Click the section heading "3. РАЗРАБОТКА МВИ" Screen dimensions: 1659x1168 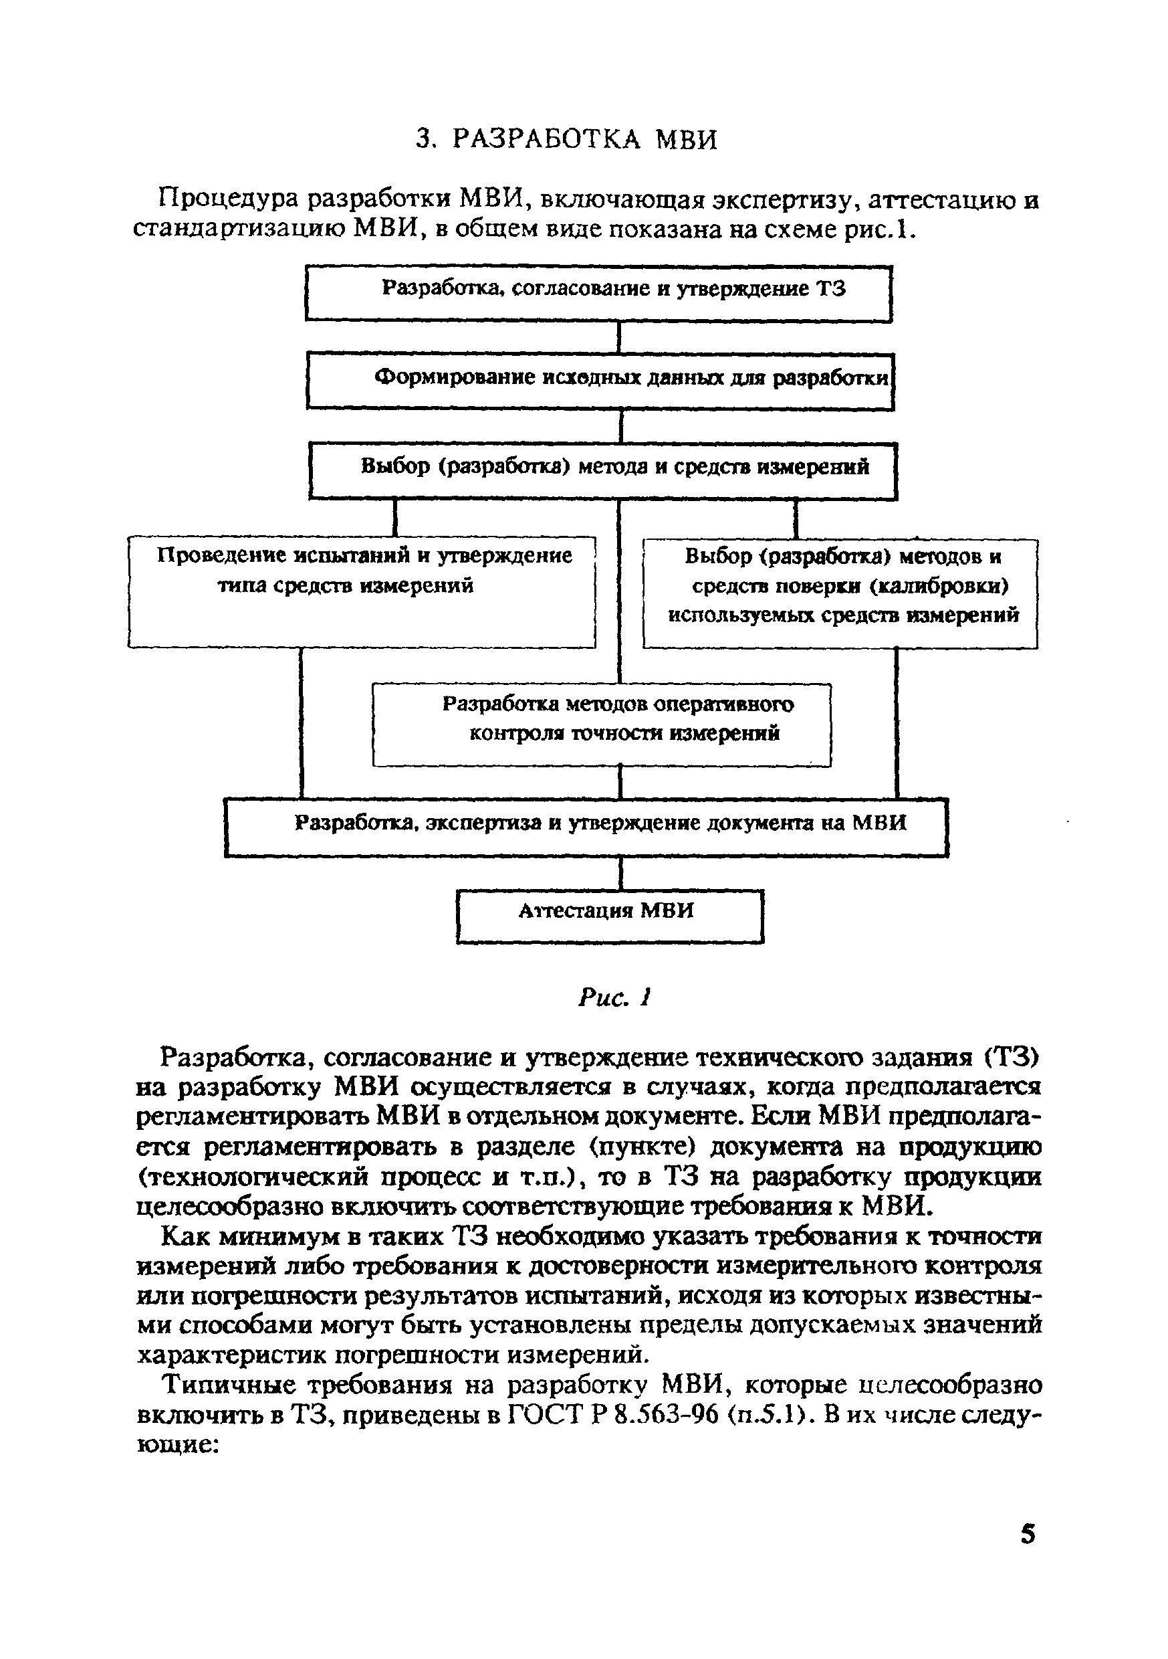[567, 139]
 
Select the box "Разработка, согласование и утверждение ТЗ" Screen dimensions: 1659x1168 [599, 292]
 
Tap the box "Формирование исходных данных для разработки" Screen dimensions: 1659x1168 [600, 380]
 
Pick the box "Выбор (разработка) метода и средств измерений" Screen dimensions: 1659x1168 [602, 470]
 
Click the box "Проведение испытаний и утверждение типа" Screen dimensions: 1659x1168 [362, 592]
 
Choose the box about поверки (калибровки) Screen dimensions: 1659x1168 [840, 593]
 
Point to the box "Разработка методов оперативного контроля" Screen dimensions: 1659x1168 [602, 724]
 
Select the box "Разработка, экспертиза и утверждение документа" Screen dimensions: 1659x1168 [586, 827]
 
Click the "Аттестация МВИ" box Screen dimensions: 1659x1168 [610, 916]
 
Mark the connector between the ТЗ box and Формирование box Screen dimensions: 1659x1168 [620, 336]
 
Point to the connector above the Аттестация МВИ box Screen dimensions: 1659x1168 [621, 874]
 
